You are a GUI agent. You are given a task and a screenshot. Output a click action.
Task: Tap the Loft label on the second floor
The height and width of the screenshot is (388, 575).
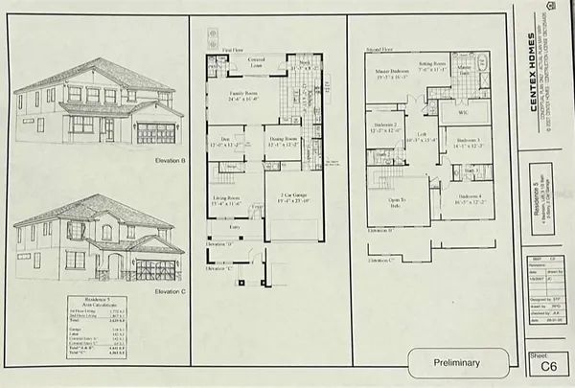[x=421, y=136]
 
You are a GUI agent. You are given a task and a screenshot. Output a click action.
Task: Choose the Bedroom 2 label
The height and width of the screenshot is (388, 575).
[x=385, y=129]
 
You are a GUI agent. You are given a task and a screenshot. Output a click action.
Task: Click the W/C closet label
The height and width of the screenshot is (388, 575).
[x=463, y=113]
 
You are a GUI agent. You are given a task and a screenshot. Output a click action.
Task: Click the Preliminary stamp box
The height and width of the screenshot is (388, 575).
[x=457, y=363]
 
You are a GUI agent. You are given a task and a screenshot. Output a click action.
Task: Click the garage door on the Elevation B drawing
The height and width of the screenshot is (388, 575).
[x=156, y=133]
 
